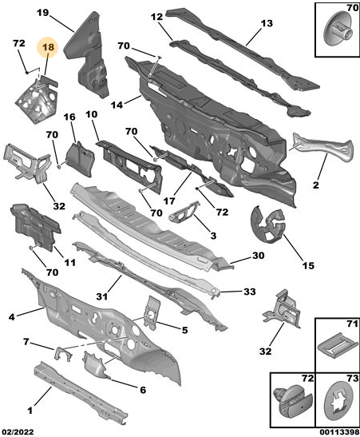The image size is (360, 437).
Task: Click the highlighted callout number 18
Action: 48,47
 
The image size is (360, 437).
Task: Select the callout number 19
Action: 42,13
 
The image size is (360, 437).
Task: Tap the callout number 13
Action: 267,23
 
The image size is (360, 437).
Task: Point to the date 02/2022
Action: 18,432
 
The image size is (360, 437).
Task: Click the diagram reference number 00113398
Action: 339,432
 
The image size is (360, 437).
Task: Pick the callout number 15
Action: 308,265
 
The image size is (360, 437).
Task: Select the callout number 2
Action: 315,185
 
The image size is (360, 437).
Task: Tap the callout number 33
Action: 250,292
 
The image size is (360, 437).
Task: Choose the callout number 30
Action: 259,256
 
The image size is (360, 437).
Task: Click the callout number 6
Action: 143,390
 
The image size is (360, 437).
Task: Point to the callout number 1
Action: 30,410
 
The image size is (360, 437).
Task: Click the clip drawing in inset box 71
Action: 338,345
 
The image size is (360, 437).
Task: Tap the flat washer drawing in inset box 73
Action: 338,401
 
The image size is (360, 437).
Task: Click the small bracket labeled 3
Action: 184,212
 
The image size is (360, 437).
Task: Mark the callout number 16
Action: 69,117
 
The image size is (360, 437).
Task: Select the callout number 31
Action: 102,296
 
